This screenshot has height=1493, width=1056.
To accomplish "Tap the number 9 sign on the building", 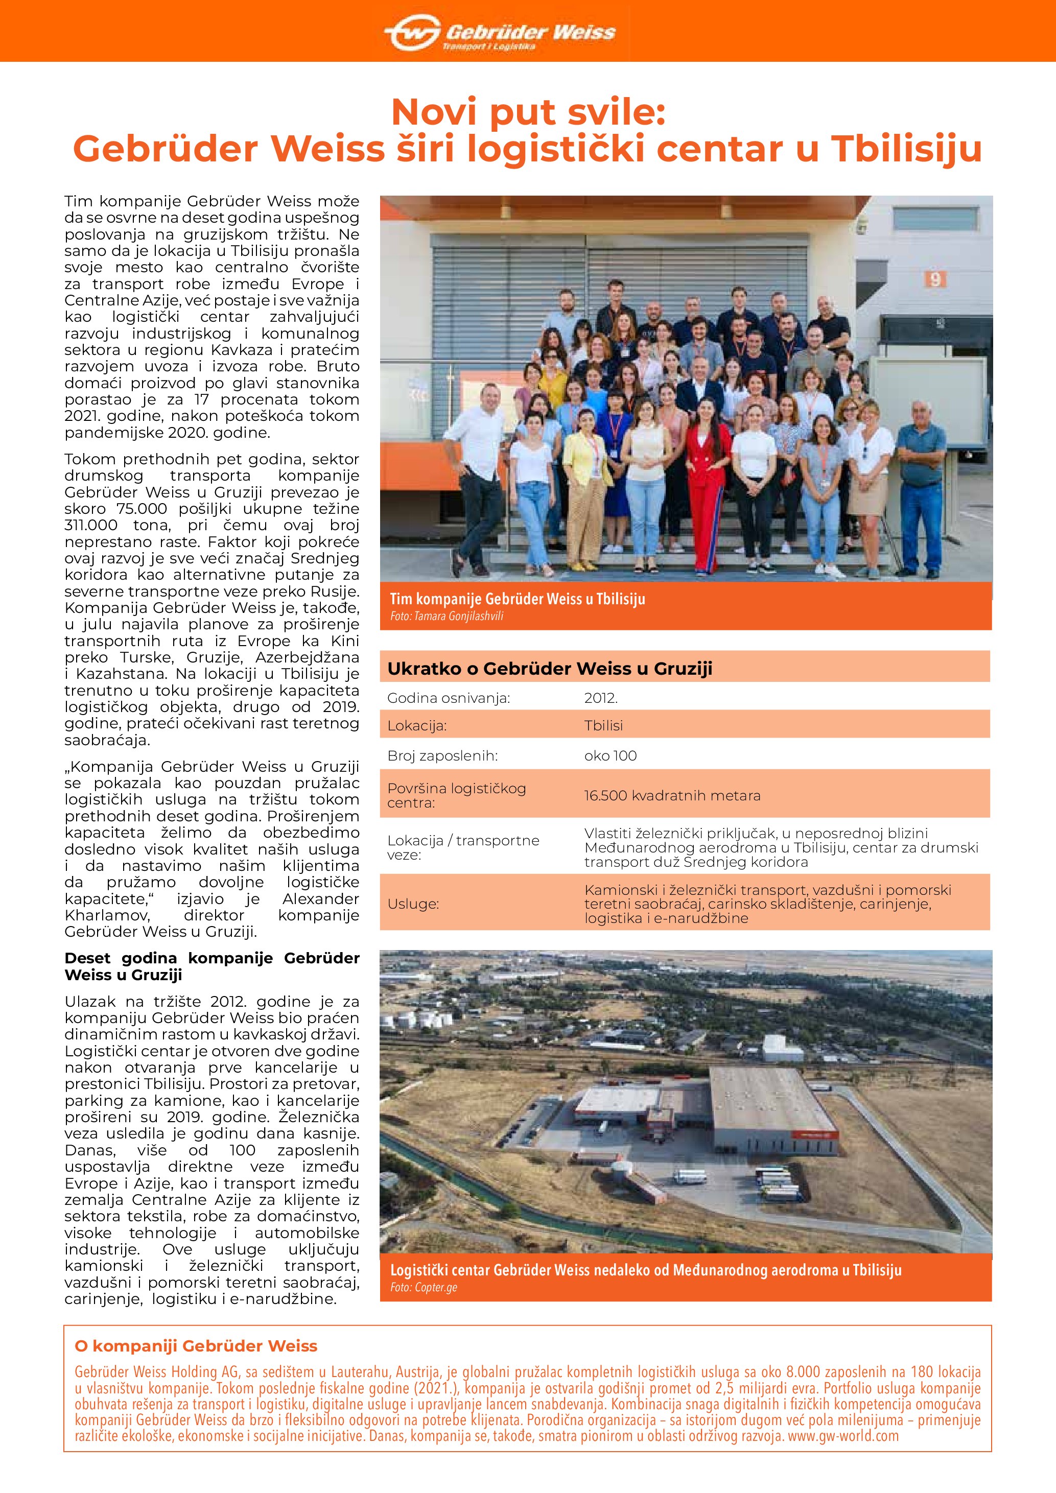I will (934, 279).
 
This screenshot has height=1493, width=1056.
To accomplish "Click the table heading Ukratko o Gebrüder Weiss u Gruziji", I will (550, 669).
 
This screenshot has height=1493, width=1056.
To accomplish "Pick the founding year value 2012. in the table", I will (601, 698).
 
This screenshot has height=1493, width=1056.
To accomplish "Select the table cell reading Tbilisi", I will (603, 726).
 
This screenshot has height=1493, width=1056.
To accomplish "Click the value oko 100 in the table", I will (611, 755).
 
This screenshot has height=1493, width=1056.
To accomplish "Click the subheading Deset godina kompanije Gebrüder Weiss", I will (212, 966).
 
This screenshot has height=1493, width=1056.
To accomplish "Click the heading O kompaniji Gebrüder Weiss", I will (196, 1346).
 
